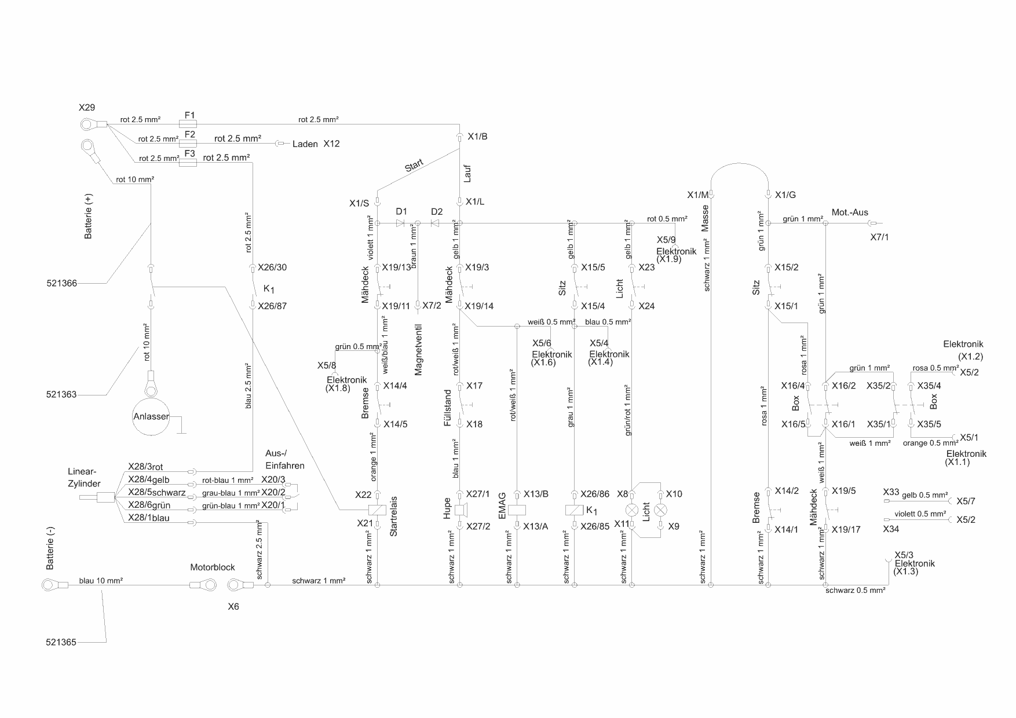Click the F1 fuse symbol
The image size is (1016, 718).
pos(189,124)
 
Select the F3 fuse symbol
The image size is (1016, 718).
pos(189,163)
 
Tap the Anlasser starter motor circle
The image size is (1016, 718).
pos(151,416)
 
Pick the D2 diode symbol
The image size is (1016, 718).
pos(436,223)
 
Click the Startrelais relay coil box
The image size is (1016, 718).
pos(378,510)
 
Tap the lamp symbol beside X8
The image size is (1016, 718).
pos(632,510)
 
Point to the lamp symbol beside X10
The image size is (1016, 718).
pos(660,510)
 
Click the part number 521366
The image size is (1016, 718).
pos(61,284)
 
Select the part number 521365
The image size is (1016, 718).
pos(61,642)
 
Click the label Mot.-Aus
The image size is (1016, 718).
pos(850,213)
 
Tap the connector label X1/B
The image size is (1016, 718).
pos(477,137)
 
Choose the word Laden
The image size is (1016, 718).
pos(305,144)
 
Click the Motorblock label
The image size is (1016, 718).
pos(212,567)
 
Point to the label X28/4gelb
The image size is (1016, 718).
pos(149,479)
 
